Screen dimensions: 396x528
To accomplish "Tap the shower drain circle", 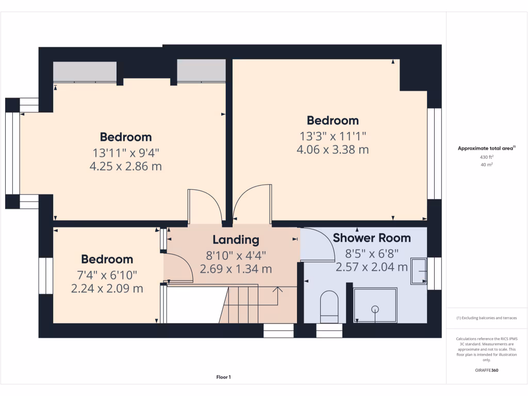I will (375, 309).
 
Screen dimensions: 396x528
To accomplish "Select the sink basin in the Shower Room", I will (418, 271).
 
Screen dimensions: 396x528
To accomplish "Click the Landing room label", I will (236, 240).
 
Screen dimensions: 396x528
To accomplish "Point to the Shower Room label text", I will (372, 238).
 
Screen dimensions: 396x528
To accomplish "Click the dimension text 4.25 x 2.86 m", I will (126, 166).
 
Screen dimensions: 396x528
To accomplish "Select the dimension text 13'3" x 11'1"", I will (333, 136).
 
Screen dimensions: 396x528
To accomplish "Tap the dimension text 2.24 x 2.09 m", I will (107, 288).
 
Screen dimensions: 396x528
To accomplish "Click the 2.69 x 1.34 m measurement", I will (236, 269).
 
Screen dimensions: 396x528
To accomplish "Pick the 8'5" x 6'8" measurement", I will (372, 253).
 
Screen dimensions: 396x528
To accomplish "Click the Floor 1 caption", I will (223, 377).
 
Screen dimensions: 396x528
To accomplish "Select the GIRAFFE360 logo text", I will (487, 370).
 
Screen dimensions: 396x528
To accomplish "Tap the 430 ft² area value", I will (487, 157).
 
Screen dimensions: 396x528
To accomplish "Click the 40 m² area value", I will (487, 165).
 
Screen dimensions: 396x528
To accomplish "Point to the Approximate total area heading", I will (486, 148).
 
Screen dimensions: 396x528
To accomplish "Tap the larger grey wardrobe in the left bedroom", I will (85, 72).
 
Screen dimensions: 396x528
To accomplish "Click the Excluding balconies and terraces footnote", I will (487, 318).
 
